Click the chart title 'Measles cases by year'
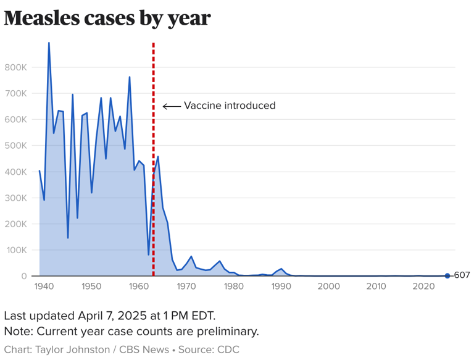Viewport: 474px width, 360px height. coord(107,18)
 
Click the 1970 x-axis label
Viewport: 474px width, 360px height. coord(186,287)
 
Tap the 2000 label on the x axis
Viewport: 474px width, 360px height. coord(329,287)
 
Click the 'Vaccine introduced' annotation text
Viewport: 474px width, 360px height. coord(230,106)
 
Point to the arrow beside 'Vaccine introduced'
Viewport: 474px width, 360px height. coord(171,106)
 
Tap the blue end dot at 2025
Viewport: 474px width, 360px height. coord(447,275)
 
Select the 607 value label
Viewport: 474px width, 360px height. coord(462,275)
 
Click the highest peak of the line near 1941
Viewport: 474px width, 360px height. coord(49,43)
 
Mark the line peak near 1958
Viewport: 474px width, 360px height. coord(130,77)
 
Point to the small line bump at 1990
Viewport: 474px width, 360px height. coord(281,269)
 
